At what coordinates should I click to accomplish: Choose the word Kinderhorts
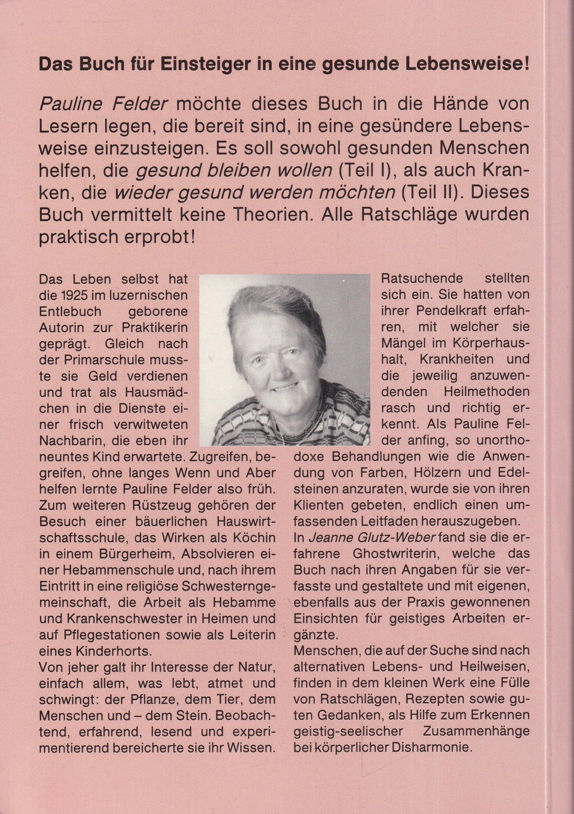coord(117,651)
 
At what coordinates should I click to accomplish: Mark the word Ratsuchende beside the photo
coord(422,279)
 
